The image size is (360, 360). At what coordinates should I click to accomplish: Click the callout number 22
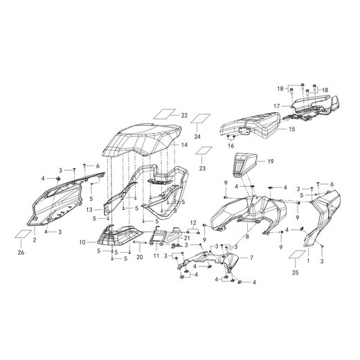[184, 115]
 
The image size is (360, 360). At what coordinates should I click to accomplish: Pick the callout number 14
[184, 145]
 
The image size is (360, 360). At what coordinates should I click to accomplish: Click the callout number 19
[271, 161]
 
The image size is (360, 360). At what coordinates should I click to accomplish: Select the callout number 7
[251, 258]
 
